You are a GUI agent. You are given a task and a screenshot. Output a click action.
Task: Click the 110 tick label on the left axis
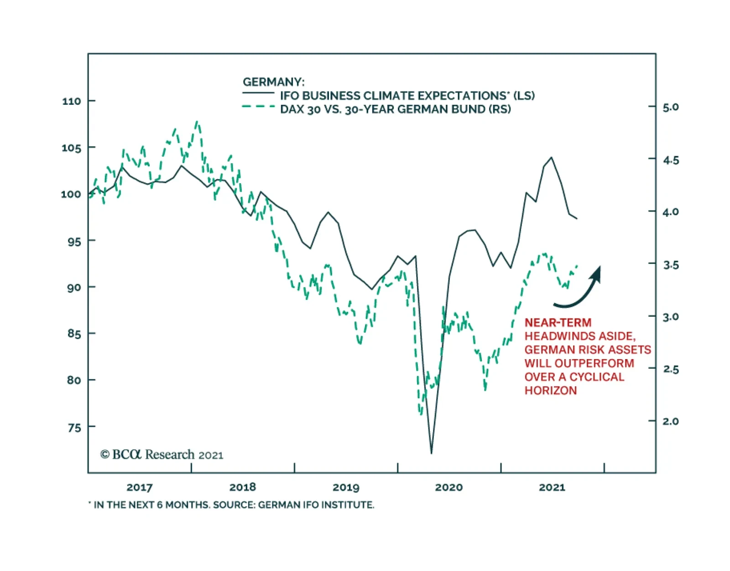coord(72,101)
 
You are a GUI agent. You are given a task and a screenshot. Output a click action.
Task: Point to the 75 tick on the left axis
coord(74,427)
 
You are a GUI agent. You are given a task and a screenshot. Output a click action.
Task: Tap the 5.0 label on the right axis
coord(670,107)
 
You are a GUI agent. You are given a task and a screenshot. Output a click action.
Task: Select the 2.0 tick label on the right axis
coord(670,421)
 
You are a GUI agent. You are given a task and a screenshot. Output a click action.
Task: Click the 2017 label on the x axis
coord(139,487)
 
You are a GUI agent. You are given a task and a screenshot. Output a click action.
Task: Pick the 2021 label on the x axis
coord(552,487)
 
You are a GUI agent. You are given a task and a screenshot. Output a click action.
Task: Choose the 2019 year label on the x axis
coord(345,487)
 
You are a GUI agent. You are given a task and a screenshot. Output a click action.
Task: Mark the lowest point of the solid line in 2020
coord(431,453)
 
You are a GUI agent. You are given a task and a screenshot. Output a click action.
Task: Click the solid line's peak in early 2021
coord(551,158)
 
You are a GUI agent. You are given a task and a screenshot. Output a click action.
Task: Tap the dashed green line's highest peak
coord(197,122)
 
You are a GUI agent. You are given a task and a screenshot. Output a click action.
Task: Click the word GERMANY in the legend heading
coord(272,82)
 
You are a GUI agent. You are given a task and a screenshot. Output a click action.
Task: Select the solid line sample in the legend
coord(258,93)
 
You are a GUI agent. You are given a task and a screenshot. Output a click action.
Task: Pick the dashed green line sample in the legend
coord(258,107)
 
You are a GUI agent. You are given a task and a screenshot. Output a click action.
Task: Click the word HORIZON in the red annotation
coord(550,391)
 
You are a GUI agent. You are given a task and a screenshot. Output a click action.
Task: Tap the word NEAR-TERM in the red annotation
coord(558,323)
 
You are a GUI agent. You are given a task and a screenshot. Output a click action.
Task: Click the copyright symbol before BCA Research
coord(105,454)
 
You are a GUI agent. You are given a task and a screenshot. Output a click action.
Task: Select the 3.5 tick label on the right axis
coord(670,264)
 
